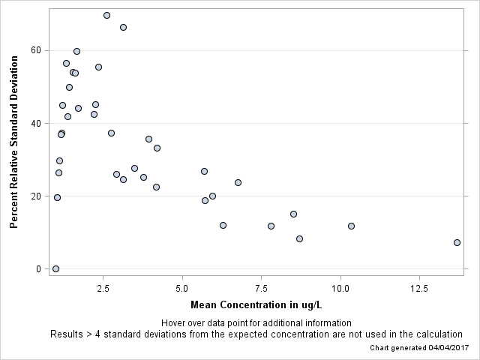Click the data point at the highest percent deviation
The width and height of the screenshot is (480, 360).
pos(106,15)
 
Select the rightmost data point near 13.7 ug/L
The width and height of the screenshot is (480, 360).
pos(457,242)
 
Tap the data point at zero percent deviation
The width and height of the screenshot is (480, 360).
pos(55,268)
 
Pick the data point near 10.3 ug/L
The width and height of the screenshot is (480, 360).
pos(351,226)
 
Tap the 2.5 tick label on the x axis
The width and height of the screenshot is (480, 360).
pos(103,289)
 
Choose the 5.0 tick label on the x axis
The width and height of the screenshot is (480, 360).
pos(182,289)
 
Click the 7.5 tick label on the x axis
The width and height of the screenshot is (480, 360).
pos(261,289)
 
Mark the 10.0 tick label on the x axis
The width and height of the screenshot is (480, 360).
pos(340,289)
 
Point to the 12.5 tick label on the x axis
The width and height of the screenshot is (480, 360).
pos(419,289)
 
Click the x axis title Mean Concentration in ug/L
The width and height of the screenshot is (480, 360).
pos(256,305)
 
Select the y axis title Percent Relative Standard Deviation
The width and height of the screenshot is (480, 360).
pos(13,141)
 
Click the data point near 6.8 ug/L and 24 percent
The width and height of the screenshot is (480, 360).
pos(238,182)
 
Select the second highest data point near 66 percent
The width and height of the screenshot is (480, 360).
pos(123,27)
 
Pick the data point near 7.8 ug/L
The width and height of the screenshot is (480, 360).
pos(271,226)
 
